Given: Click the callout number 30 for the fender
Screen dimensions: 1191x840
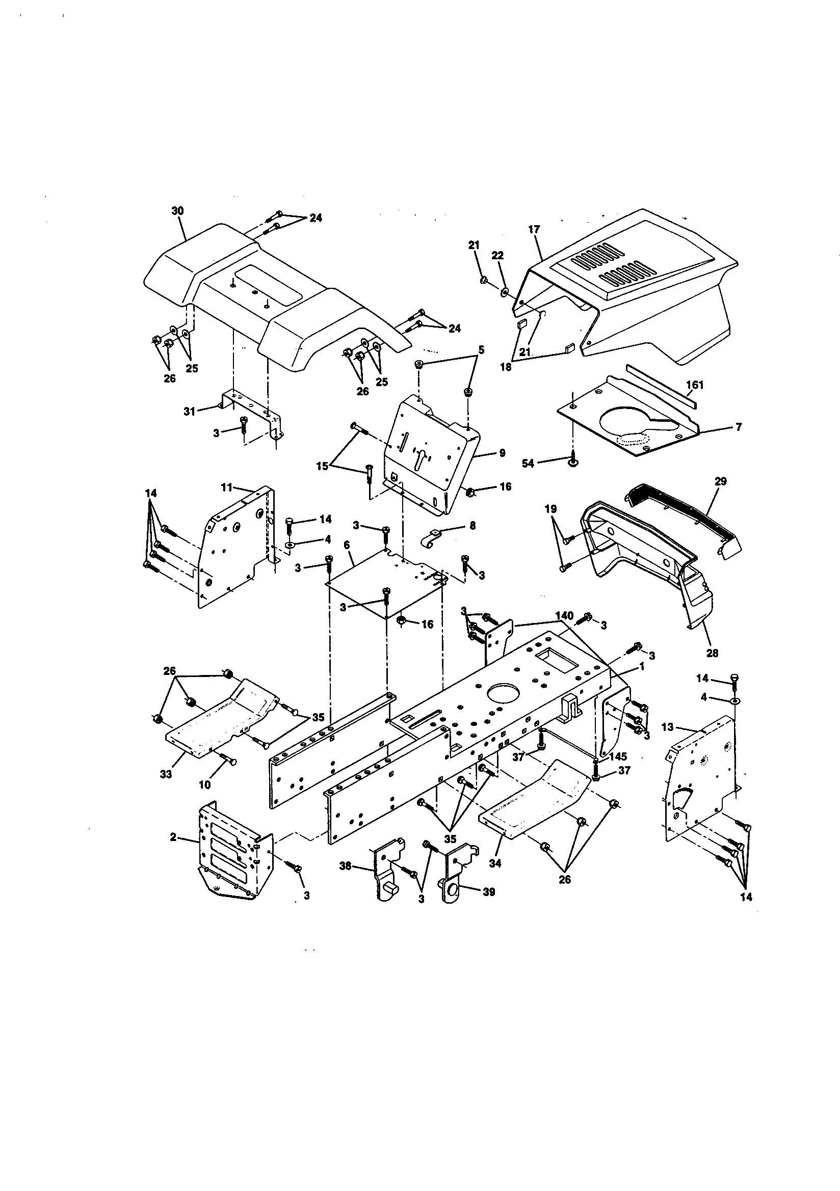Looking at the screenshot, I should [x=177, y=211].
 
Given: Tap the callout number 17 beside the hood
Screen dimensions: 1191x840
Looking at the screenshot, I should [x=535, y=229].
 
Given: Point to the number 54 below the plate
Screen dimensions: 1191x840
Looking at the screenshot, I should [x=528, y=463].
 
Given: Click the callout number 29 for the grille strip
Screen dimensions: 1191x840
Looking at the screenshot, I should [x=721, y=481].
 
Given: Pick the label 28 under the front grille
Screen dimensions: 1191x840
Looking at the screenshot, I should [x=712, y=653].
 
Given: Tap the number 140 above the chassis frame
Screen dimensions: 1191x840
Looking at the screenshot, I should [x=564, y=616].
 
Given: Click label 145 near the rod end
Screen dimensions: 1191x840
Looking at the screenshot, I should [x=618, y=757].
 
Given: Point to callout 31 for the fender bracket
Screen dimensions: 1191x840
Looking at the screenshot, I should [x=190, y=412].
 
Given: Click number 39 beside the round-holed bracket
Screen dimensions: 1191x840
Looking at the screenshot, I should [x=488, y=891].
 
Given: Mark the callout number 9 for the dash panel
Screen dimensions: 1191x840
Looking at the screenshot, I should [x=502, y=453].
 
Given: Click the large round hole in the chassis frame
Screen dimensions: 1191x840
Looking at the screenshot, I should [x=502, y=693].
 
